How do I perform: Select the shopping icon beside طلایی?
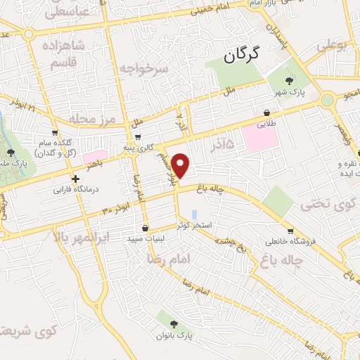[x=267, y=112]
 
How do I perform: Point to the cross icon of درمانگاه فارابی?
[x=75, y=179]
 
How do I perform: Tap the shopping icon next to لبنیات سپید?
[x=145, y=228]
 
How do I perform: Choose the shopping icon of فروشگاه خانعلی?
[x=290, y=231]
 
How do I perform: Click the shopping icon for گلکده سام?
[x=55, y=131]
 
